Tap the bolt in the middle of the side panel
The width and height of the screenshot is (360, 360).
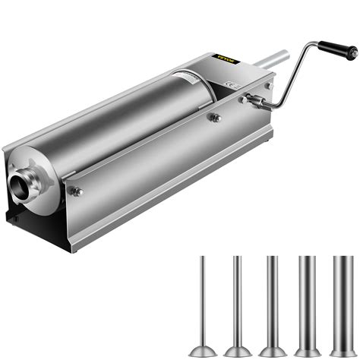pyautogui.click(x=215, y=117)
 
